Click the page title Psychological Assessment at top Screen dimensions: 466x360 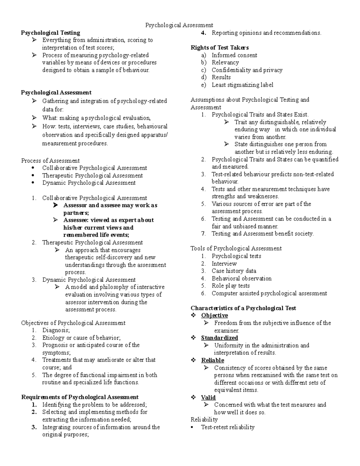point(179,25)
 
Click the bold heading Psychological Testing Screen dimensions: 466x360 point(50,33)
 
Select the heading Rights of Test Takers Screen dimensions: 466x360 point(220,47)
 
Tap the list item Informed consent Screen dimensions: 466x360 point(234,55)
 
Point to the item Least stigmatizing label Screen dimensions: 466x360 point(242,85)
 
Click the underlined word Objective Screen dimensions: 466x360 point(214,315)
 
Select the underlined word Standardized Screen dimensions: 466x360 point(219,338)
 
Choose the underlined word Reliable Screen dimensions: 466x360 point(213,360)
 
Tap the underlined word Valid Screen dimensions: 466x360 point(208,397)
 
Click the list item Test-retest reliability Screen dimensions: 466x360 point(228,427)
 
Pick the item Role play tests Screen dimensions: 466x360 point(231,286)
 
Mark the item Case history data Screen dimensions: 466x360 point(234,271)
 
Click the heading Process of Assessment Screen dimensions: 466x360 point(50,161)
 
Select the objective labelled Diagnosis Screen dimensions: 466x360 point(56,330)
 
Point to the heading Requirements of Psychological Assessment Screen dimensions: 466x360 point(80,397)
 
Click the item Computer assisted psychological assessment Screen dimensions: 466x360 point(269,293)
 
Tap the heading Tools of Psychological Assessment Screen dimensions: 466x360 point(236,248)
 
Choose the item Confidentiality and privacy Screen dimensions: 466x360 point(247,70)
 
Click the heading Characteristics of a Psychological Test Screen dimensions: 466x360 point(243,308)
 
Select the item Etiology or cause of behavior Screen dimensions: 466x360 point(81,338)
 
